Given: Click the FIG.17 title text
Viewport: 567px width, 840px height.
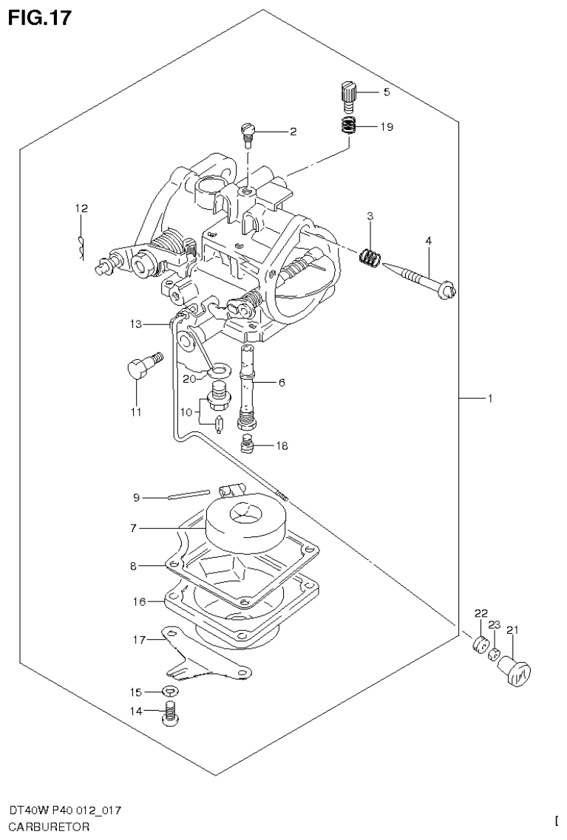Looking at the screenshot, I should (x=41, y=18).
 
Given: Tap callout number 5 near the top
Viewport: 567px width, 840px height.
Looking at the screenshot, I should (x=385, y=92).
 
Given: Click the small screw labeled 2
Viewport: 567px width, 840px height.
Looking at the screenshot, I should (x=248, y=133).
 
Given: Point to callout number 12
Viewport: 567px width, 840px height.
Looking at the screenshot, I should (x=81, y=208).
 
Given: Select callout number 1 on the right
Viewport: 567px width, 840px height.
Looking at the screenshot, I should (x=489, y=399).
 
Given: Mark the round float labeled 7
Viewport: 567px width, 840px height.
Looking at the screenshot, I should (x=244, y=521).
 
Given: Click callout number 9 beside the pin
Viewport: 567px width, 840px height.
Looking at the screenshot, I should (x=136, y=498).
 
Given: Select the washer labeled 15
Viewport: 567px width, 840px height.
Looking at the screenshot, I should (x=170, y=692).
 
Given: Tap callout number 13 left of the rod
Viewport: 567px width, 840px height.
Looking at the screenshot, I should (x=135, y=324).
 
